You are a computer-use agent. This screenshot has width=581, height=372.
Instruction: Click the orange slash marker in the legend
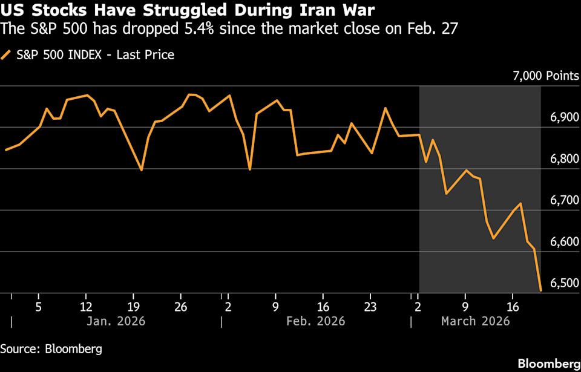click(x=7, y=55)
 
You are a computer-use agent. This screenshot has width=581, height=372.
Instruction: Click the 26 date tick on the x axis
click(x=180, y=305)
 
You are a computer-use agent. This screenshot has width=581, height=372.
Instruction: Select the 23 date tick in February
click(x=370, y=305)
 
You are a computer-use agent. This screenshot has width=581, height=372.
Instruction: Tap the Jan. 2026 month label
click(x=115, y=321)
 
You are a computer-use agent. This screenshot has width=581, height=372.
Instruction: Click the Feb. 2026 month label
click(x=316, y=321)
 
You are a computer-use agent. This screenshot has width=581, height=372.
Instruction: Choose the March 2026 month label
click(x=475, y=321)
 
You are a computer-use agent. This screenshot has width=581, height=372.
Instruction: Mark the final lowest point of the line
click(x=540, y=291)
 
